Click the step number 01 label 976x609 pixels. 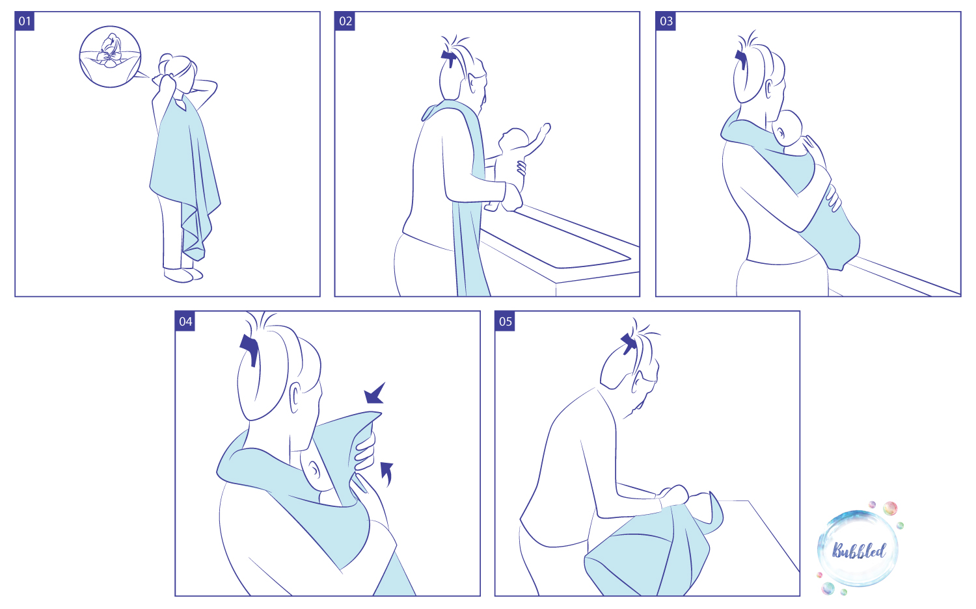tap(25, 21)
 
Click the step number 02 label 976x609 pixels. tap(345, 21)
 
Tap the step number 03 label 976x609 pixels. tap(666, 21)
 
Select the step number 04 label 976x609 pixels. tap(185, 321)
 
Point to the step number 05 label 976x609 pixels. tap(505, 321)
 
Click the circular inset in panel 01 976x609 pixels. tap(110, 57)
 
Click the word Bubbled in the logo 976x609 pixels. tap(858, 551)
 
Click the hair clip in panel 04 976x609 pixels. tap(250, 349)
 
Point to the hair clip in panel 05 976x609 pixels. tap(629, 343)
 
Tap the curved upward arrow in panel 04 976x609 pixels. tap(386, 474)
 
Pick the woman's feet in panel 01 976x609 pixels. tap(183, 274)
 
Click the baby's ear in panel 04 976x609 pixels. tap(313, 469)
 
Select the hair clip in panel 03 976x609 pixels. tap(740, 59)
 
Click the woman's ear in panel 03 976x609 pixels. tap(769, 88)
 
